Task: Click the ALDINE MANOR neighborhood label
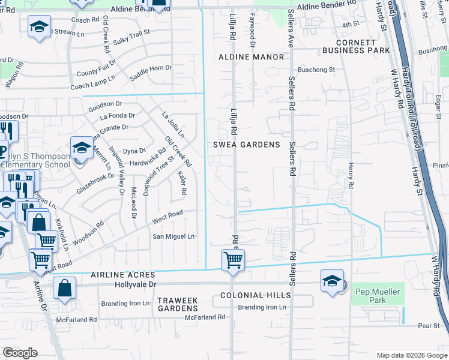(251, 57)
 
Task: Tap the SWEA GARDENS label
(247, 145)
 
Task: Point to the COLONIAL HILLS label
(255, 295)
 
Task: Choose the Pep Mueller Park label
(378, 294)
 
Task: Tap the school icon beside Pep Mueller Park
(332, 281)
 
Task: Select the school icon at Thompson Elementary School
(82, 148)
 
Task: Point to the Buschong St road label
(316, 70)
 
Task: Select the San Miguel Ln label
(173, 236)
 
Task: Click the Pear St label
(429, 326)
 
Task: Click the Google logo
(20, 353)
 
